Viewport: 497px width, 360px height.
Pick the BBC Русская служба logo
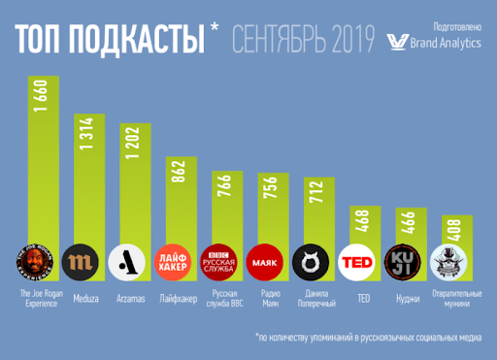(x=220, y=262)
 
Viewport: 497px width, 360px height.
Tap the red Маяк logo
(x=266, y=262)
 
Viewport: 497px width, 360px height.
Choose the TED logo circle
(x=358, y=262)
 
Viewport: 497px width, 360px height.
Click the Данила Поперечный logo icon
(x=312, y=262)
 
